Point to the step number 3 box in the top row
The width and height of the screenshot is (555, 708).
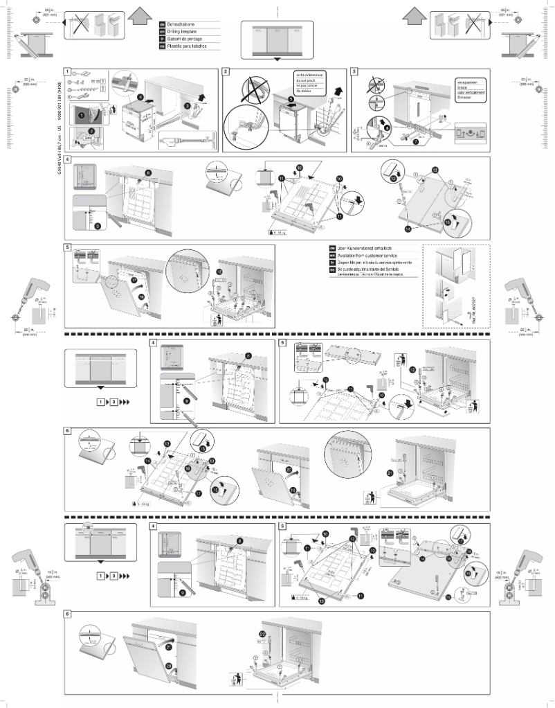pos(354,71)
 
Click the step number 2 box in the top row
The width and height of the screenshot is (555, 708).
pos(226,71)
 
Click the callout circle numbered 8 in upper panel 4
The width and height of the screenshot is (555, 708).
pos(147,172)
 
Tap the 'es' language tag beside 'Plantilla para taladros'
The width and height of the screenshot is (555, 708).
pos(163,46)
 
